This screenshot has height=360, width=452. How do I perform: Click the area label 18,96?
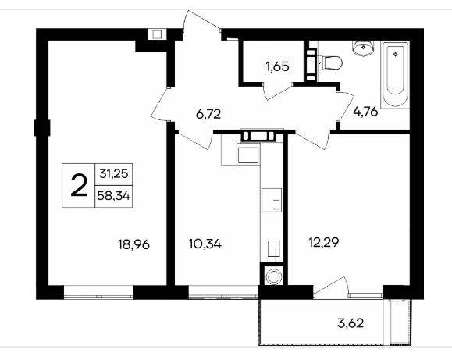click(133, 244)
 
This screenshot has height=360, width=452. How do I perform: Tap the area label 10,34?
click(205, 244)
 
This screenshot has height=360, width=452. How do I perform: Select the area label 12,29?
click(324, 242)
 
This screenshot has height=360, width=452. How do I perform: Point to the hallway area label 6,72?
click(208, 114)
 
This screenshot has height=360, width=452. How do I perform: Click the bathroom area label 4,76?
click(365, 112)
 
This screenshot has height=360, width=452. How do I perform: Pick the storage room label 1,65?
click(277, 66)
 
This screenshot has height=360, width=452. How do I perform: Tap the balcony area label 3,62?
click(351, 323)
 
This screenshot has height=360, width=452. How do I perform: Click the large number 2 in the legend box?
click(79, 186)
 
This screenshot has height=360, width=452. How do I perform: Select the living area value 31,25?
click(114, 174)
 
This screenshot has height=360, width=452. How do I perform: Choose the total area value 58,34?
click(113, 196)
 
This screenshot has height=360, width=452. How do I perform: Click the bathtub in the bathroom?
click(395, 75)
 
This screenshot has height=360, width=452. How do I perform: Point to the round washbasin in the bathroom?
click(364, 48)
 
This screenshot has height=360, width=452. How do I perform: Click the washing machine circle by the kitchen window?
click(272, 276)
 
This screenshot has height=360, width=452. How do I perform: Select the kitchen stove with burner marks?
click(272, 200)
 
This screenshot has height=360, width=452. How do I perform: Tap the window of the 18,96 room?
click(98, 292)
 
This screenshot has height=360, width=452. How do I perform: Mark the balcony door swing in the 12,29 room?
click(332, 287)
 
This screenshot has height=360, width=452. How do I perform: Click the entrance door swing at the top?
click(201, 24)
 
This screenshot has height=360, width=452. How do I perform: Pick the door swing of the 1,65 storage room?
click(278, 91)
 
